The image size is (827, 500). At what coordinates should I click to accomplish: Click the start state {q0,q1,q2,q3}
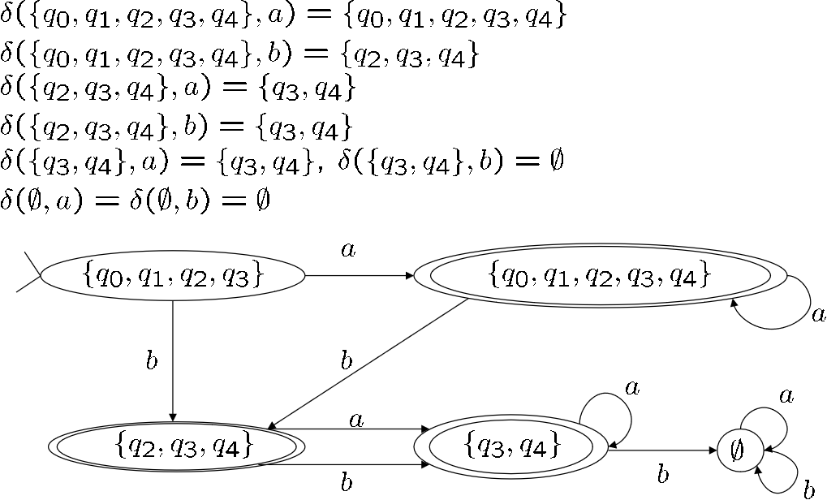click(172, 276)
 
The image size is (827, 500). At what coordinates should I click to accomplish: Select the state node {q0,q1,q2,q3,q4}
click(600, 276)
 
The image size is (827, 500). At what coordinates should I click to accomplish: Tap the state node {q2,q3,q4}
click(175, 446)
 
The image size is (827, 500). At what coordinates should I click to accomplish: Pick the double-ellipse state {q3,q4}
click(510, 446)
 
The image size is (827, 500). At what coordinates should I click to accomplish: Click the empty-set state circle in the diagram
click(739, 449)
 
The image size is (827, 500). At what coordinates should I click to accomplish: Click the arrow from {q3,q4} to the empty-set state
click(662, 450)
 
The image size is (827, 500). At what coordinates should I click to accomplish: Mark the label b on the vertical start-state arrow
click(151, 361)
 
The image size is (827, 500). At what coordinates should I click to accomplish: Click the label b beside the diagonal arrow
click(347, 360)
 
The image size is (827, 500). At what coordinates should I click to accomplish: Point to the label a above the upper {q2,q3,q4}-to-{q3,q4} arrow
click(355, 420)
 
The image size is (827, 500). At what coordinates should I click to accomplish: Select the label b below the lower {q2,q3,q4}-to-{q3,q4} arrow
click(347, 484)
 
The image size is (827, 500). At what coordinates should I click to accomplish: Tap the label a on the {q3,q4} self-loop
click(632, 387)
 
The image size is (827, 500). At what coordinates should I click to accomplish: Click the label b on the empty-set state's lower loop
click(808, 489)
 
